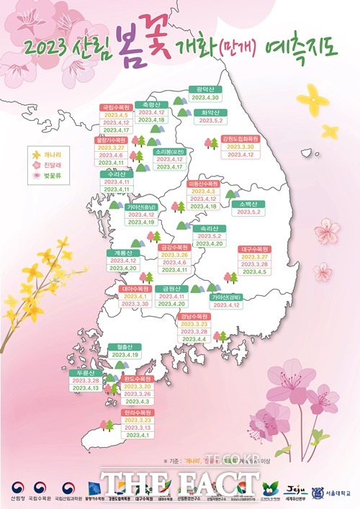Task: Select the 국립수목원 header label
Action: tap(114, 107)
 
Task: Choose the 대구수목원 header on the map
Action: tap(254, 249)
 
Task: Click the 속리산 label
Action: tap(208, 229)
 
